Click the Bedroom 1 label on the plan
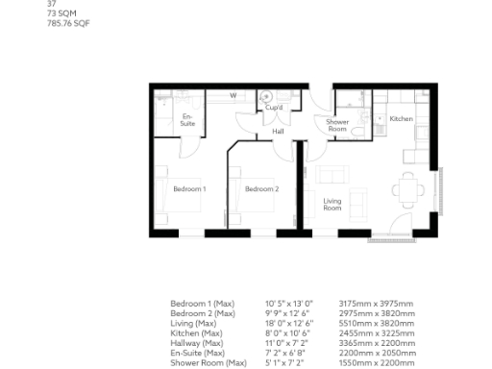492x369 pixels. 189,189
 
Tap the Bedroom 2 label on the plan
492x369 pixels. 261,189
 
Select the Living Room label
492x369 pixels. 332,204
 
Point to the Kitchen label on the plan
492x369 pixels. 401,118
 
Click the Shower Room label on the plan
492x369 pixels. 337,125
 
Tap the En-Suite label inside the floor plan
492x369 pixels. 188,121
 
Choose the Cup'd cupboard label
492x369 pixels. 274,109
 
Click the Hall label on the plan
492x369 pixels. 278,131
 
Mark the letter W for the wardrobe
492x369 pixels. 234,96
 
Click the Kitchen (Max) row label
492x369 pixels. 197,332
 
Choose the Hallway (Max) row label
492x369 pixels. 197,342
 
